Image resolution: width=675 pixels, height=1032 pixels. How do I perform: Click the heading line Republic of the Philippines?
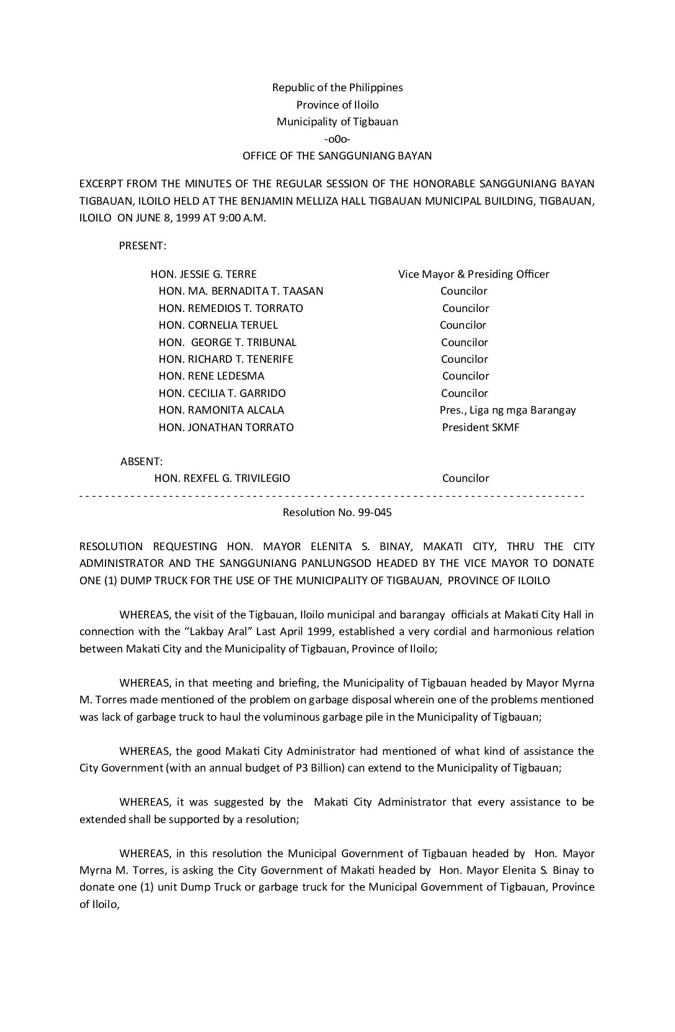click(x=337, y=87)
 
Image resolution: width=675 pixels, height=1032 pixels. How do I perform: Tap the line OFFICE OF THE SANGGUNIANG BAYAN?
click(x=337, y=156)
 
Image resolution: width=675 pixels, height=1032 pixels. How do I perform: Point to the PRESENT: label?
click(x=142, y=246)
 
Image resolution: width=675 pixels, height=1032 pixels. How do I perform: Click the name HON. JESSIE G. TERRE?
click(x=203, y=274)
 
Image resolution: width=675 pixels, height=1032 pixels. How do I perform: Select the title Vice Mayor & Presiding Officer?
click(x=473, y=274)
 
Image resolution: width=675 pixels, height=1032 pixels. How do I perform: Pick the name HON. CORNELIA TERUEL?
click(x=218, y=325)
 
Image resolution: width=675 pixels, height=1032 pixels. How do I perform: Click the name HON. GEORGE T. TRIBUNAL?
click(x=227, y=342)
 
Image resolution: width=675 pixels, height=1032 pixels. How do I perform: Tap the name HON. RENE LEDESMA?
click(x=211, y=376)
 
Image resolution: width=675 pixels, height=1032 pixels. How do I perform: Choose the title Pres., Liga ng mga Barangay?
click(x=507, y=410)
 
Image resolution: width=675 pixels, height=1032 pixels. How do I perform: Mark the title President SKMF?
click(x=480, y=427)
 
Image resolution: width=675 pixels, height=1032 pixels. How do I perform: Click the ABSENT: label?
click(x=141, y=461)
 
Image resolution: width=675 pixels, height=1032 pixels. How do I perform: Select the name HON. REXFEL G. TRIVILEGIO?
click(x=221, y=478)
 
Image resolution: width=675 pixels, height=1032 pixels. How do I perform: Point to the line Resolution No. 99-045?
click(x=337, y=513)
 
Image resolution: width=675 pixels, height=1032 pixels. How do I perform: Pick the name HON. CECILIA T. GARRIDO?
click(x=222, y=393)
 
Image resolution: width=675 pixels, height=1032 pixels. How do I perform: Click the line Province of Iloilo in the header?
click(x=337, y=105)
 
